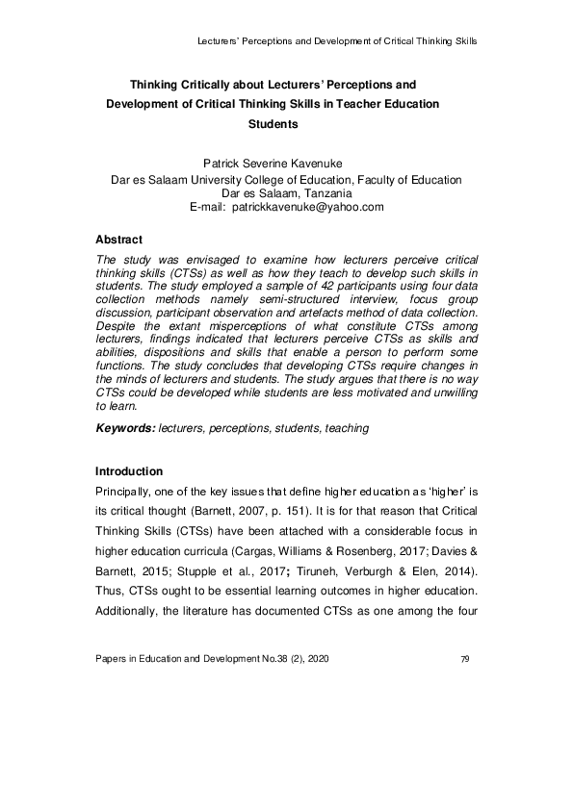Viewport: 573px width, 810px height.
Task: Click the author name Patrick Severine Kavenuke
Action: pyautogui.click(x=286, y=165)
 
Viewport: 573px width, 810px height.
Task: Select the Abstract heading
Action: pyautogui.click(x=119, y=239)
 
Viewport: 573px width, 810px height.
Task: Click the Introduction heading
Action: pyautogui.click(x=129, y=471)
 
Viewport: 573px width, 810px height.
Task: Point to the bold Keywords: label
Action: pyautogui.click(x=125, y=428)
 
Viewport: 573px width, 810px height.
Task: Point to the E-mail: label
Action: pyautogui.click(x=209, y=207)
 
